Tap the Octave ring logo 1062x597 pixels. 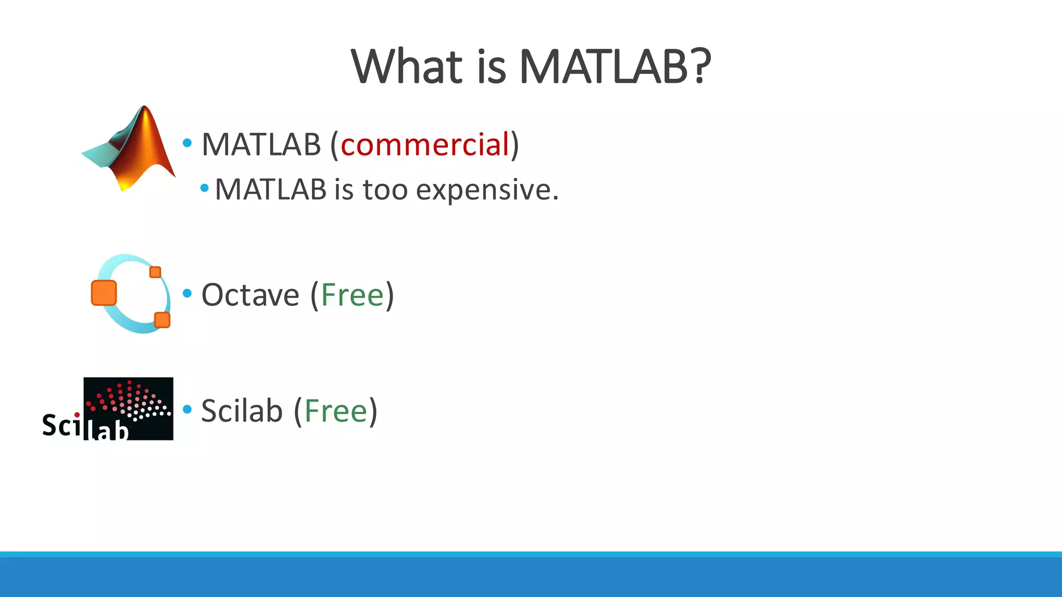click(x=131, y=293)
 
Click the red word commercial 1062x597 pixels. click(x=425, y=145)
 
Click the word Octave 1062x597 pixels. click(x=250, y=295)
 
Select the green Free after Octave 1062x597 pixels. click(x=352, y=295)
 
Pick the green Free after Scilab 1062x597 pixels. click(x=336, y=411)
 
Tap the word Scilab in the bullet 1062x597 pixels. click(x=241, y=411)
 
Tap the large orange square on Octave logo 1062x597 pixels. click(x=104, y=293)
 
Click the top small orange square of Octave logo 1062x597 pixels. click(x=155, y=272)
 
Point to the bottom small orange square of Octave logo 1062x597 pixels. click(x=162, y=320)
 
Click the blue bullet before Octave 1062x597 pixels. click(x=188, y=294)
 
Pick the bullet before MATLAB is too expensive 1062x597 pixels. click(x=204, y=188)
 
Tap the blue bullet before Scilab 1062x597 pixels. click(x=188, y=410)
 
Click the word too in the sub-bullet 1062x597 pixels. click(x=385, y=190)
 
